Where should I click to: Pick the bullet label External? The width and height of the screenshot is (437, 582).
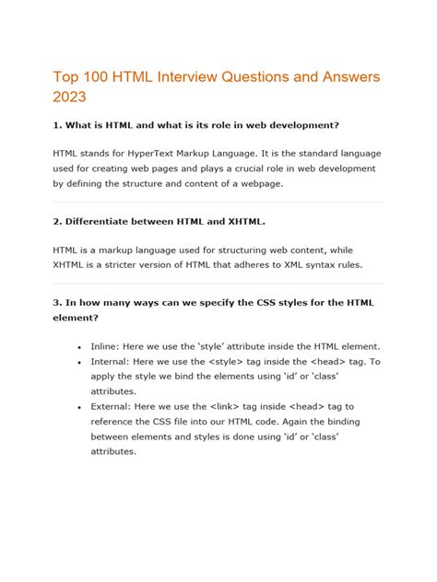pos(116,404)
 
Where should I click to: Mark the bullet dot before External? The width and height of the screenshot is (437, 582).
pos(79,404)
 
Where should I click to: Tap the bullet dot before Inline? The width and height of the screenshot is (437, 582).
pos(79,345)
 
